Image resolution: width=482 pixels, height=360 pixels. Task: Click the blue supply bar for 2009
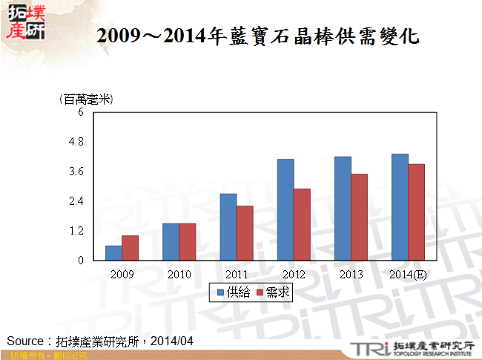coord(113,253)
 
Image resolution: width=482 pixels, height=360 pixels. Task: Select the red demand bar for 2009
coord(131,248)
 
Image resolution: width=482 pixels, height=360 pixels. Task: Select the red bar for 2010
coord(188,242)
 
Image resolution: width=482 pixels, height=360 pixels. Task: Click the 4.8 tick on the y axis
coord(78,142)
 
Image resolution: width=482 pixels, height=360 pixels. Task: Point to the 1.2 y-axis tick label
coord(78,231)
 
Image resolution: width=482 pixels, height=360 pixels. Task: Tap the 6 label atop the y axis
coord(82,112)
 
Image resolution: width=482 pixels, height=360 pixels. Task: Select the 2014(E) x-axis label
coord(408,275)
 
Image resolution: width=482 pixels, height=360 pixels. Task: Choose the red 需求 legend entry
coord(272,293)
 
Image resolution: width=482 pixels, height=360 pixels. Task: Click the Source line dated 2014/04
coord(100,340)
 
